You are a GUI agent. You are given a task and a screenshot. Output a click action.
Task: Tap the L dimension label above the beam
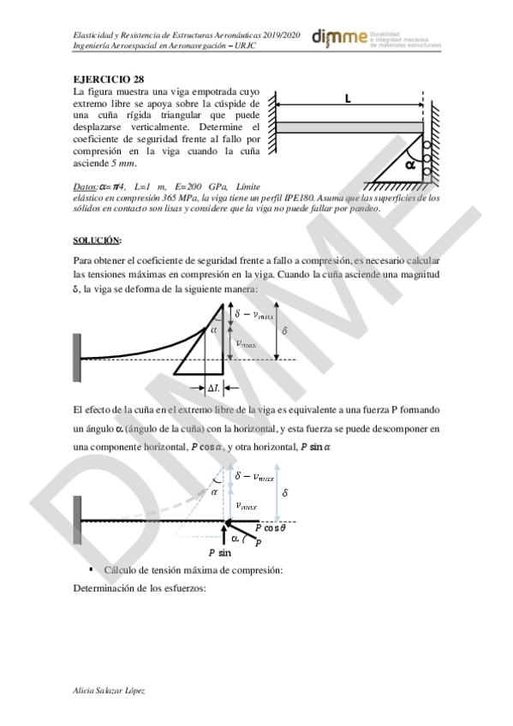[x=348, y=99]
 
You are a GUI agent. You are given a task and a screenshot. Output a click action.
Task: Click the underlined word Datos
[x=86, y=187]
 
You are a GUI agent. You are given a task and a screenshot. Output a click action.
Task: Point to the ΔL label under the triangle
[x=216, y=388]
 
